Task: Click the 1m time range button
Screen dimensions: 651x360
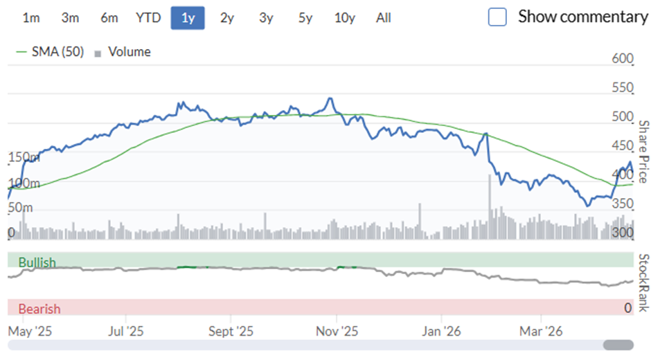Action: tap(31, 18)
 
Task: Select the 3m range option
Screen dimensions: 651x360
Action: tap(70, 18)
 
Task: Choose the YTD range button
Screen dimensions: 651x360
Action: tap(148, 18)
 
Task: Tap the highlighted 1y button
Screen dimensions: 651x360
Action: tap(188, 18)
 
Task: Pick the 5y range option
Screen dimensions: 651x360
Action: tap(305, 18)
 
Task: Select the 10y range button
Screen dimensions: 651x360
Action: tap(345, 18)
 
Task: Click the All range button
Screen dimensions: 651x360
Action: tap(384, 18)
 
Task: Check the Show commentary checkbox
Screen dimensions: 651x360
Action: tap(497, 17)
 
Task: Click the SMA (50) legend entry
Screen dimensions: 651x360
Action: tap(50, 52)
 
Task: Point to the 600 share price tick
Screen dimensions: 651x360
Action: tap(623, 59)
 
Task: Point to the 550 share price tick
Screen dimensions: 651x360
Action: tap(623, 88)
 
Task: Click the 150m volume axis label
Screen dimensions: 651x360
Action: tap(24, 157)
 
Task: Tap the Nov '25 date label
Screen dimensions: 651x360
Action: tap(337, 332)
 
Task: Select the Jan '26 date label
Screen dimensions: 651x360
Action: tap(441, 332)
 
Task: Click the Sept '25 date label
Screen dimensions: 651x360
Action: tap(231, 332)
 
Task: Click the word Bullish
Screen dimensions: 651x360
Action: tap(37, 262)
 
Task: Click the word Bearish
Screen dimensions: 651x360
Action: tap(39, 309)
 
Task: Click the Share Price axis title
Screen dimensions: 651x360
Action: tap(643, 152)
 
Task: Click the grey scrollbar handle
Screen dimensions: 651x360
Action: tap(618, 345)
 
